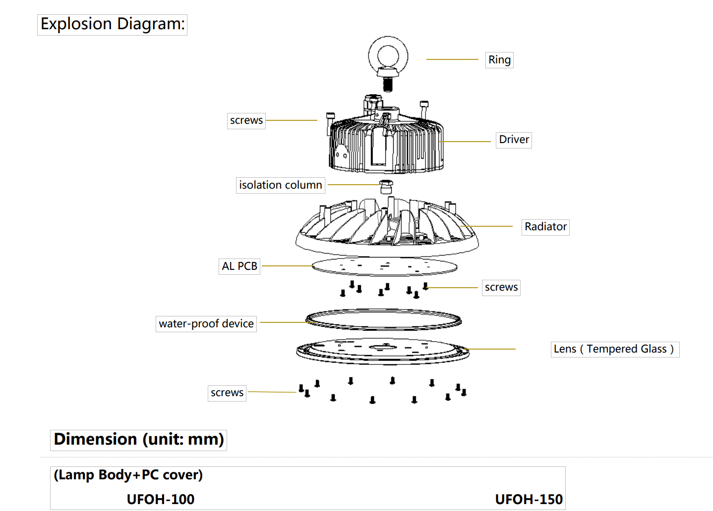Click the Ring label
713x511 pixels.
pos(499,60)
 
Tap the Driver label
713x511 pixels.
pos(514,140)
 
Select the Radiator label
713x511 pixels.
pos(545,227)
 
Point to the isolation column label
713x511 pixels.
pos(280,185)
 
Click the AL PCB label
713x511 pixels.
pos(239,266)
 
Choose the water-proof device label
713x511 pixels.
pos(206,324)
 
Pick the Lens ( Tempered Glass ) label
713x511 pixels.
pos(614,349)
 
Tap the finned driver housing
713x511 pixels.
pos(387,144)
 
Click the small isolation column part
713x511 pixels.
pos(386,187)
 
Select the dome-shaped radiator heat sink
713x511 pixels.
pos(387,228)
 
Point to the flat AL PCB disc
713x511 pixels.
pos(385,267)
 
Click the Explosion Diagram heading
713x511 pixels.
pos(113,24)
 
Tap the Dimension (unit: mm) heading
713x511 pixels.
pos(139,440)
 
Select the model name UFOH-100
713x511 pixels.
pos(161,499)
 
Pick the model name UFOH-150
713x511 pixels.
pos(529,499)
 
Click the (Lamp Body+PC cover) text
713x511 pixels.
pos(128,475)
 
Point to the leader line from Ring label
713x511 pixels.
pos(452,59)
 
